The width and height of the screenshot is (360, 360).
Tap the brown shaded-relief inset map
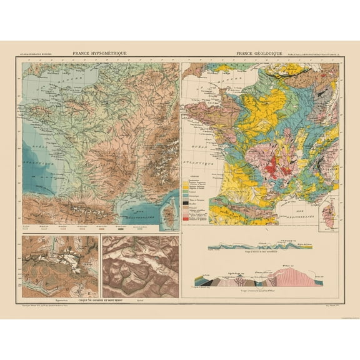[x=140, y=266]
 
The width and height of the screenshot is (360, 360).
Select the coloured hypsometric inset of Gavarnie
[x=60, y=266]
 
